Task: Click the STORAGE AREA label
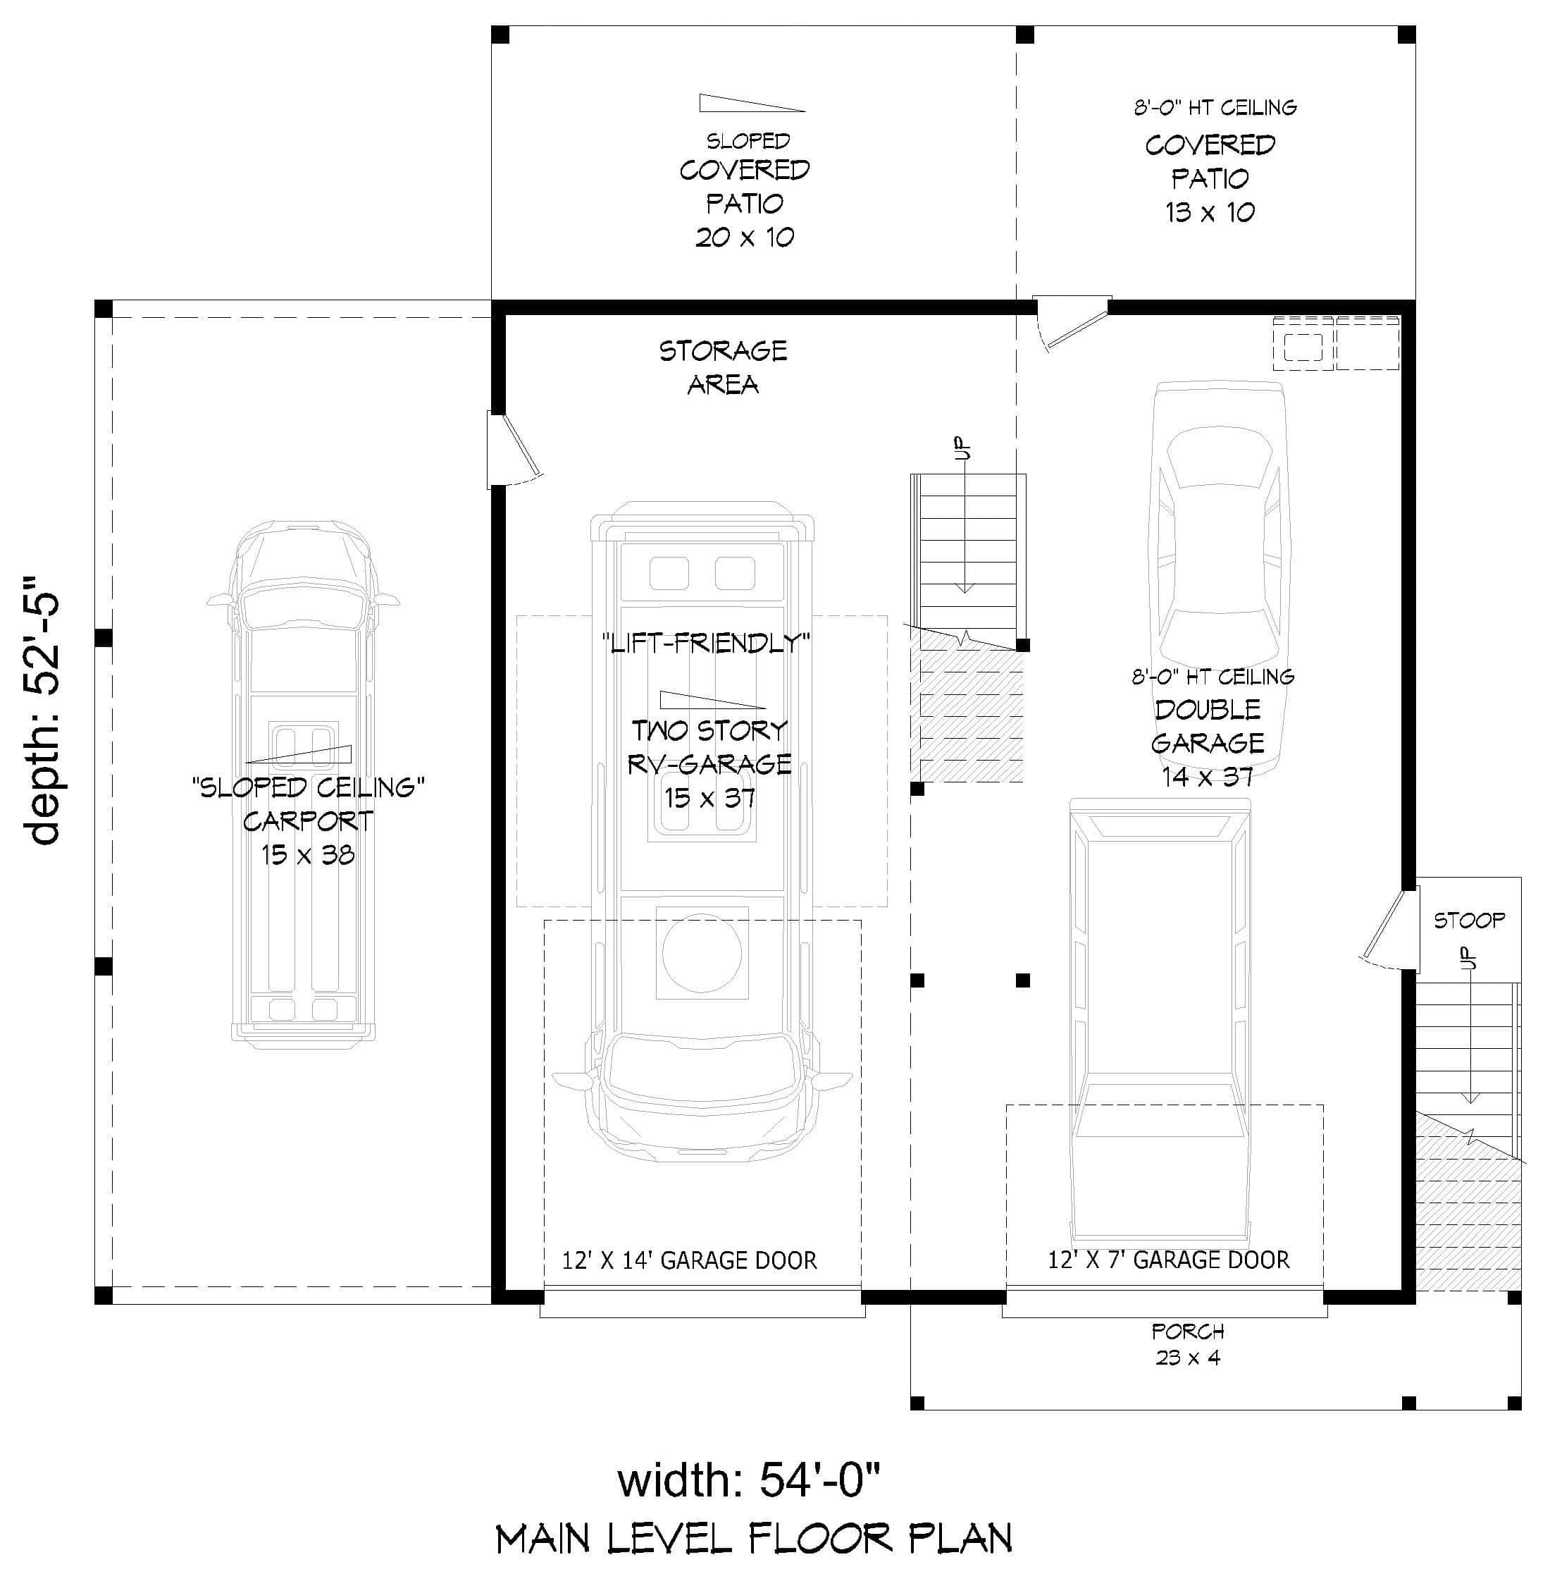[x=723, y=367]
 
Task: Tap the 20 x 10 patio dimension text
[x=744, y=237]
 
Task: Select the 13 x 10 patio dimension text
[x=1209, y=213]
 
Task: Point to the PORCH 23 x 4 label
[x=1188, y=1344]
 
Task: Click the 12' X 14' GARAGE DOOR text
[x=689, y=1260]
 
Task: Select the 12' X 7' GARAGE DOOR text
[x=1168, y=1260]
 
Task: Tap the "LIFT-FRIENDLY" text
[x=706, y=644]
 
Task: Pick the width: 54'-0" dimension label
[x=748, y=1480]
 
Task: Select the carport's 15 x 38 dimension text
[x=308, y=855]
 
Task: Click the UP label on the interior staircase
[x=963, y=449]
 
